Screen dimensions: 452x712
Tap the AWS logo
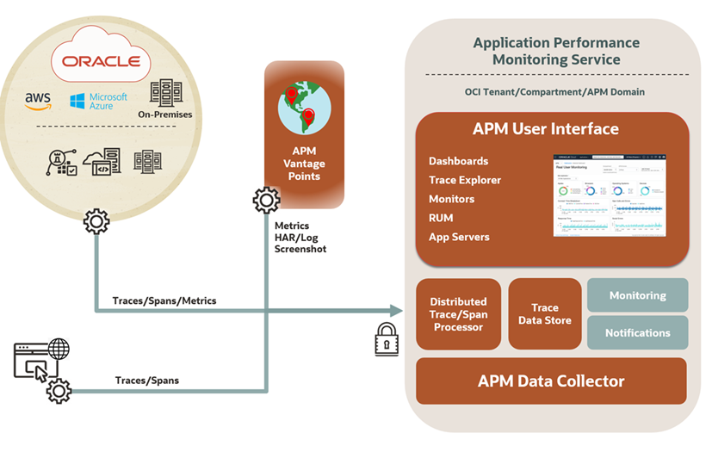38,101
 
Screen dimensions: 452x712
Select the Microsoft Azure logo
98,101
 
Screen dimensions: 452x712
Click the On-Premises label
166,115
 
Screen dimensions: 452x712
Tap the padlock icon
387,339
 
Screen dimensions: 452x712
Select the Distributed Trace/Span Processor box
458,314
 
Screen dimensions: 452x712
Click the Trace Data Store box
544,314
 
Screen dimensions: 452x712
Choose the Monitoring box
637,295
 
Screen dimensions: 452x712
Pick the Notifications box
637,332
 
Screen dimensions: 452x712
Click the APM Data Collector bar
551,381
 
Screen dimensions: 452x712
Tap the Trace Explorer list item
465,180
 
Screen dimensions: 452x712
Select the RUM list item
441,218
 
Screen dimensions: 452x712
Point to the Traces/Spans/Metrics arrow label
164,300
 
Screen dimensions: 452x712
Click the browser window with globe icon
40,360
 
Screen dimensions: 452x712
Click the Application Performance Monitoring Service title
555,51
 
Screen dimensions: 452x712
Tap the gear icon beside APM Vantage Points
266,201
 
